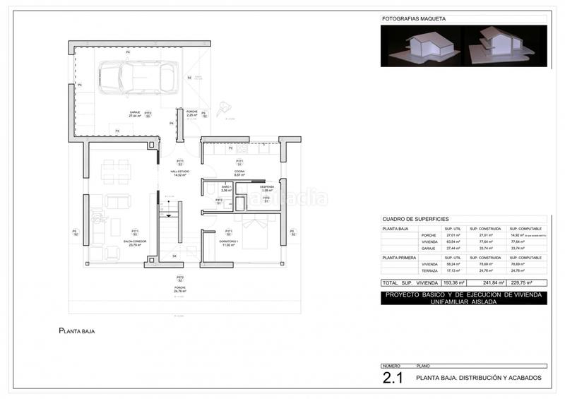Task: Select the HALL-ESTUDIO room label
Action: click(x=180, y=173)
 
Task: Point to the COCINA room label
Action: click(x=239, y=173)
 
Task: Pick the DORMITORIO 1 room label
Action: click(x=229, y=243)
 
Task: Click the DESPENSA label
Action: click(x=266, y=189)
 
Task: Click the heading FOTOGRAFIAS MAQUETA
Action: click(x=408, y=19)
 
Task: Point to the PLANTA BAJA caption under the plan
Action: click(x=77, y=330)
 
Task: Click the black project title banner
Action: click(x=463, y=297)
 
